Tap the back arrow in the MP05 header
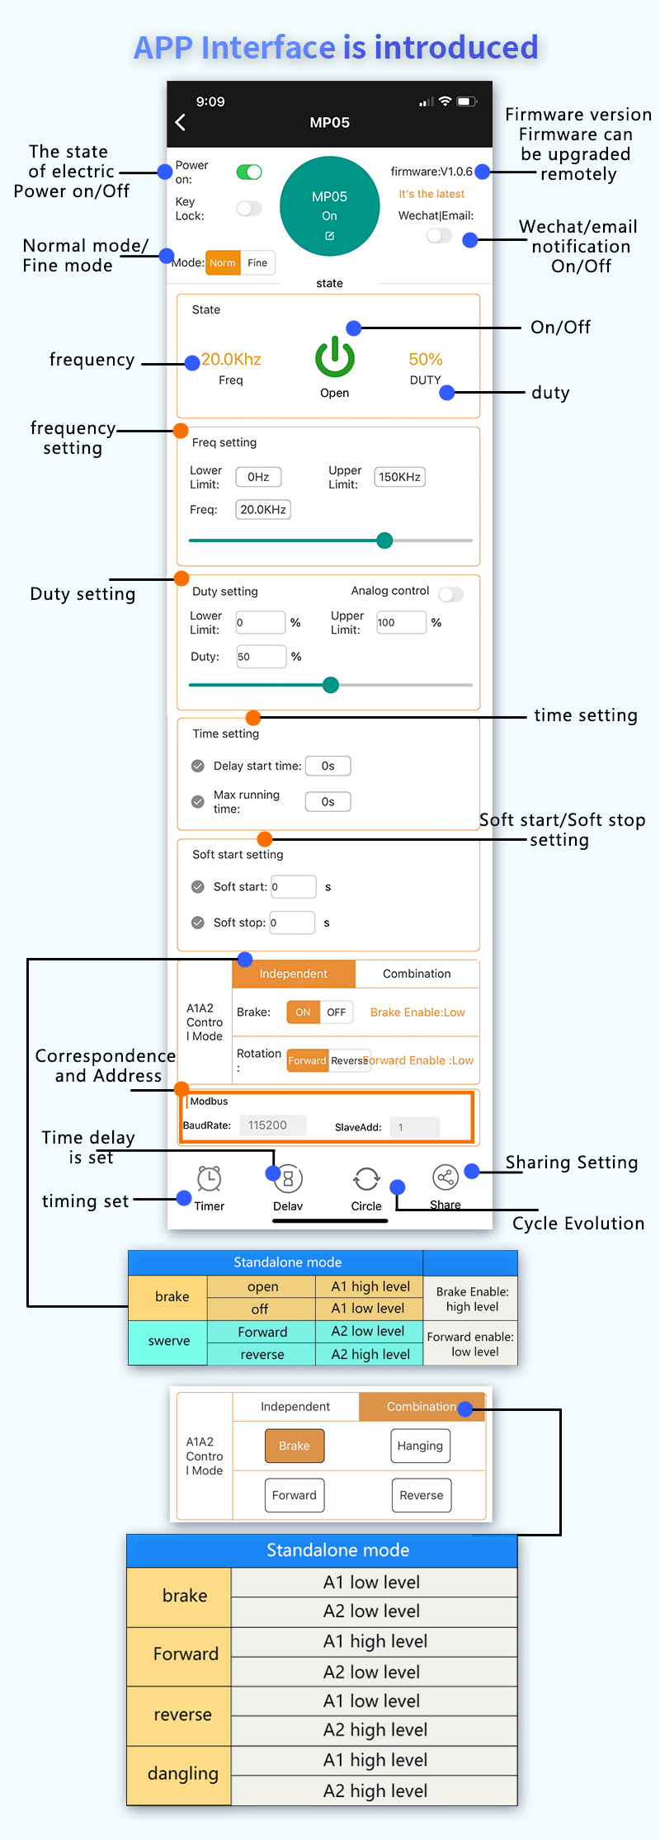(181, 122)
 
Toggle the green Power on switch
(248, 172)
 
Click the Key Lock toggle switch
(248, 209)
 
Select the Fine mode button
(257, 263)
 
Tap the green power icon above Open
(334, 357)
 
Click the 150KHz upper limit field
(400, 477)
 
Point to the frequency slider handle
(384, 540)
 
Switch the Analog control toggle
(450, 594)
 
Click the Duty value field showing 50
(261, 657)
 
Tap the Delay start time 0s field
(328, 766)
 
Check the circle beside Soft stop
(198, 922)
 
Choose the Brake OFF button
(337, 1012)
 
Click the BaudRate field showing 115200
(272, 1125)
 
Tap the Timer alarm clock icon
(210, 1178)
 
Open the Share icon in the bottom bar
(445, 1177)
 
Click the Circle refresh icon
(366, 1179)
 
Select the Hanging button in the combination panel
(420, 1446)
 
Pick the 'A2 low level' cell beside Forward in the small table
(368, 1331)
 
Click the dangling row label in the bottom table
(182, 1773)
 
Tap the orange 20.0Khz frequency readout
(231, 359)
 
